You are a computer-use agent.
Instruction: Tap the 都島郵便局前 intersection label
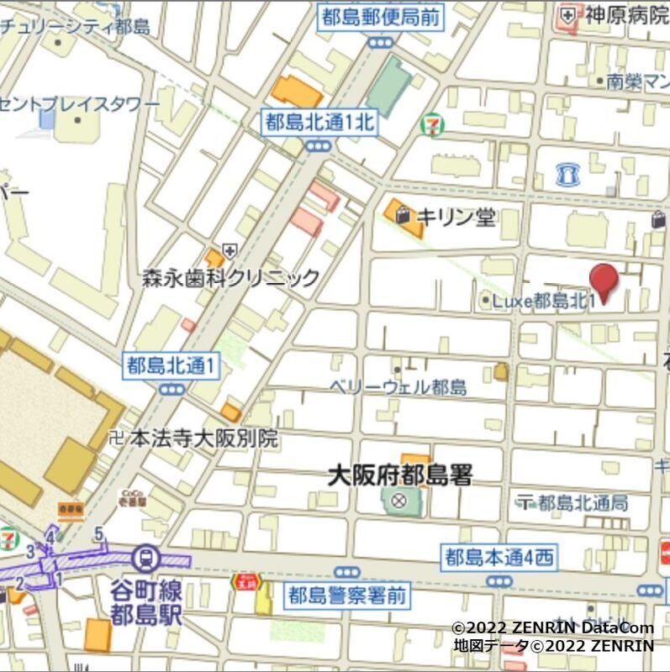pyautogui.click(x=380, y=17)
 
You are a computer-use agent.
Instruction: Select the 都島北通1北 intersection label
pyautogui.click(x=318, y=123)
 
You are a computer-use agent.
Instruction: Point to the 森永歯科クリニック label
pyautogui.click(x=231, y=277)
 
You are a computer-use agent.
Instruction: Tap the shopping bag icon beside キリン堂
pyautogui.click(x=405, y=215)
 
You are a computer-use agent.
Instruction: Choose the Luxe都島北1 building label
pyautogui.click(x=544, y=300)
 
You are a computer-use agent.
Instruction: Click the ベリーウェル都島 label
pyautogui.click(x=398, y=386)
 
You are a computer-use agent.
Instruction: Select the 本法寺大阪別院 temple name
pyautogui.click(x=203, y=438)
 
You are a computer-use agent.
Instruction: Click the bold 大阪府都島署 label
pyautogui.click(x=399, y=475)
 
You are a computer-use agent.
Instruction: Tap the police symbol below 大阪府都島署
pyautogui.click(x=398, y=502)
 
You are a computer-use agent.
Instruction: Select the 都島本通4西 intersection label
pyautogui.click(x=499, y=555)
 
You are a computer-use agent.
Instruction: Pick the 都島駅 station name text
pyautogui.click(x=146, y=614)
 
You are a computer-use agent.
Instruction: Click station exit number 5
pyautogui.click(x=98, y=533)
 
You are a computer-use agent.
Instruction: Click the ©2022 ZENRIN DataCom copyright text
pyautogui.click(x=551, y=627)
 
